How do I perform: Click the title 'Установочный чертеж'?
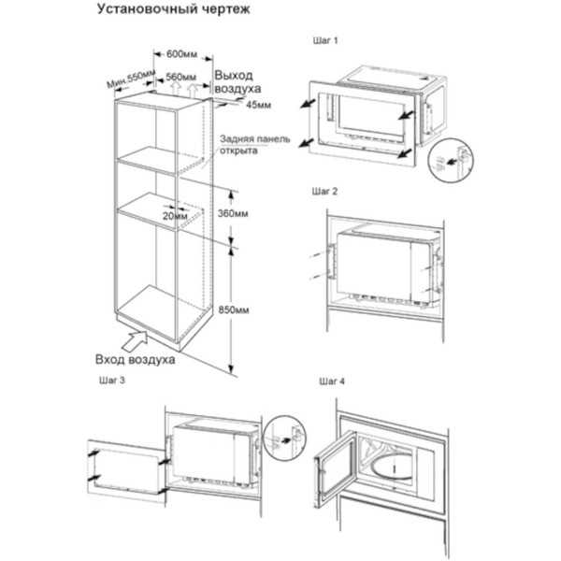tap(173, 9)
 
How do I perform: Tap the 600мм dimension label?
tap(181, 54)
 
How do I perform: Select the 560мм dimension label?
tap(181, 77)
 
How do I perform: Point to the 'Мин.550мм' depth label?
tap(131, 79)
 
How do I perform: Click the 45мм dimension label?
tap(258, 105)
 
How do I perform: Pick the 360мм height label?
tap(233, 213)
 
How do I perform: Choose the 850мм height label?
tap(234, 309)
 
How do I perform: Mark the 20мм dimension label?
tap(175, 216)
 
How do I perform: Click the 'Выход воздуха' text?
tap(237, 82)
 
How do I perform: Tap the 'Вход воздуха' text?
tap(136, 359)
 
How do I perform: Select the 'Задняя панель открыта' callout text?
tap(254, 145)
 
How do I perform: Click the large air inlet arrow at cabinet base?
tap(136, 341)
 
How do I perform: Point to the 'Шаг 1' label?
tap(325, 40)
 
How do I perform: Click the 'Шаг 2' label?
tap(324, 192)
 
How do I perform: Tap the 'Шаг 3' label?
tap(112, 380)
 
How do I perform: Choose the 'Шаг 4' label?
tap(332, 381)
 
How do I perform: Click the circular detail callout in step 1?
tap(451, 161)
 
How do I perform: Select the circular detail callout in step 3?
tap(285, 438)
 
